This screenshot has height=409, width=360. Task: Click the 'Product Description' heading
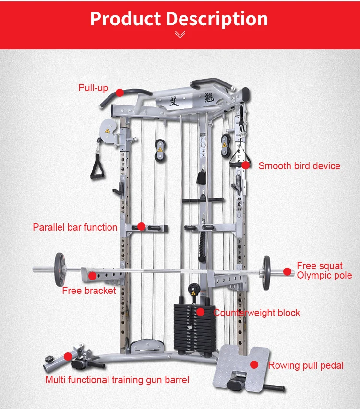coord(179,19)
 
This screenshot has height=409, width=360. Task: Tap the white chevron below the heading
coord(180,35)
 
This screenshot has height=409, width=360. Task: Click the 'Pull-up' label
coord(93,88)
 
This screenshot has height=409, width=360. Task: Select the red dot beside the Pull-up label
coord(120,92)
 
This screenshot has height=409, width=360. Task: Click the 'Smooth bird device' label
coord(299,166)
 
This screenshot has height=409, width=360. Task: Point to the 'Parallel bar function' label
coord(75,227)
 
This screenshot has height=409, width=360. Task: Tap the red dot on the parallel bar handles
coord(141,226)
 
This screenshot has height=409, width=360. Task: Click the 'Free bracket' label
coord(89,291)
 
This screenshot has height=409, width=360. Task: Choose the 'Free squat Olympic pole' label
coord(324,270)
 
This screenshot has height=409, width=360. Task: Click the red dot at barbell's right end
coord(287,271)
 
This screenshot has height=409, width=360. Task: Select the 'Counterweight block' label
coord(257,313)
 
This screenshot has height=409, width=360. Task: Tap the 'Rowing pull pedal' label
coord(306,365)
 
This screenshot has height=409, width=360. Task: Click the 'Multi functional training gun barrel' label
coord(117,380)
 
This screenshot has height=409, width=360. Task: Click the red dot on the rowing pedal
coord(254,365)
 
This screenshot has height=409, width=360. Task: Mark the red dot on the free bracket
coord(92,275)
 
